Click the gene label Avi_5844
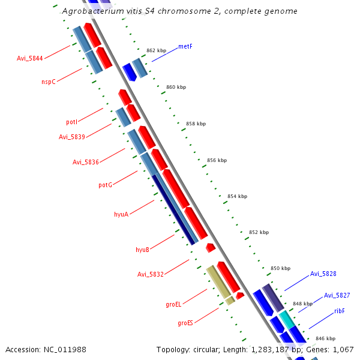30,59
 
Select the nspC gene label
49,82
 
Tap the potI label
71,122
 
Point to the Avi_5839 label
72,137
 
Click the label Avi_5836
86,162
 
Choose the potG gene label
105,185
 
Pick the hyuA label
121,214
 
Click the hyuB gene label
142,249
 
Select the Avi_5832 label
150,275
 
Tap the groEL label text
173,305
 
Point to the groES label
185,323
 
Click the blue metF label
185,46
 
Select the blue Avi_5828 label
323,274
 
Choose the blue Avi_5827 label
337,295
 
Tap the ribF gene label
340,311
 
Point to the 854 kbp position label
237,196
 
